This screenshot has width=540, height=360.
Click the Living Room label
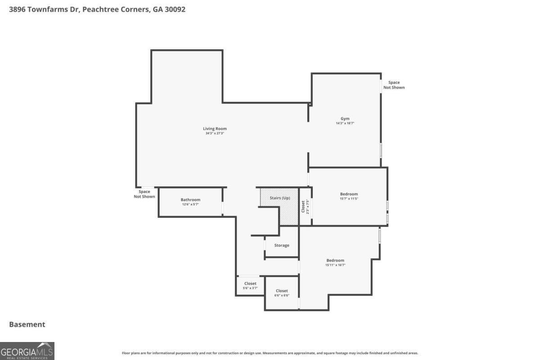click(x=215, y=129)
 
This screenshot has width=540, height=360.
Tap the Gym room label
click(x=345, y=119)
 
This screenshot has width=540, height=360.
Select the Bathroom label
click(x=190, y=200)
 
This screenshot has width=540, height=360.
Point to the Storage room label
click(x=282, y=245)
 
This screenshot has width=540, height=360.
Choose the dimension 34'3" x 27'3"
click(x=215, y=133)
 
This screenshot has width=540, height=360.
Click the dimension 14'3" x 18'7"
click(x=345, y=123)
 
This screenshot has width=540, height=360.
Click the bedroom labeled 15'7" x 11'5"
click(x=349, y=196)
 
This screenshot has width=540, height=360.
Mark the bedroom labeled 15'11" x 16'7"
click(x=335, y=262)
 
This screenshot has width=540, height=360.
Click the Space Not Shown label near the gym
click(x=394, y=85)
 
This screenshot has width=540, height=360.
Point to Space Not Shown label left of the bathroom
click(x=144, y=194)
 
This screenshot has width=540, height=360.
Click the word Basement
click(x=27, y=324)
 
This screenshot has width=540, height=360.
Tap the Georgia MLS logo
click(x=27, y=351)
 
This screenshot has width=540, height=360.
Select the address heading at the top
click(x=97, y=9)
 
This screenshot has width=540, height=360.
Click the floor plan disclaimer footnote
click(x=270, y=353)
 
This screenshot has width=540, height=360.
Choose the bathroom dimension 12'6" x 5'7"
click(x=190, y=204)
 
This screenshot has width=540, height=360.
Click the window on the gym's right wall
click(x=381, y=150)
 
